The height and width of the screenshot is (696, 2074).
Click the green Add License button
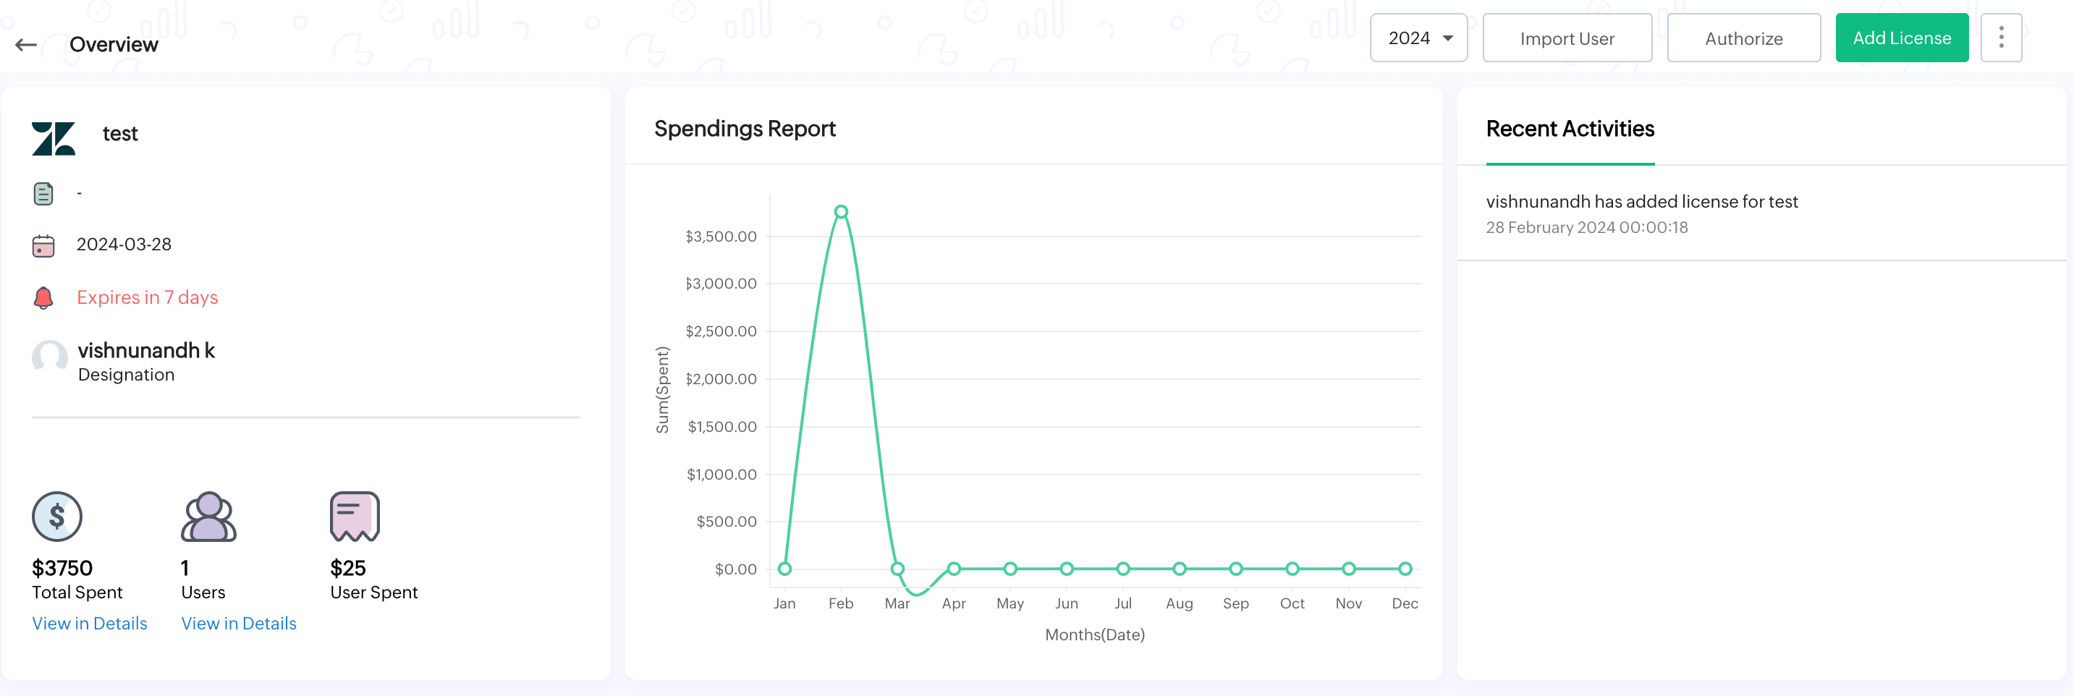click(1901, 38)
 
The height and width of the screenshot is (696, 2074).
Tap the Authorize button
click(1743, 38)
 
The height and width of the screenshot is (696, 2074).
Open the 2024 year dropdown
click(1418, 38)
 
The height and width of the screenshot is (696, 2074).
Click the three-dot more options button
click(2001, 38)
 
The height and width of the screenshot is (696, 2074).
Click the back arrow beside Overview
click(26, 45)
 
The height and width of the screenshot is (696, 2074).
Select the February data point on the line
click(841, 211)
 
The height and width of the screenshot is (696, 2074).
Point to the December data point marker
click(1405, 569)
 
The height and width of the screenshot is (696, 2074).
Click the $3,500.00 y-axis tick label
click(721, 237)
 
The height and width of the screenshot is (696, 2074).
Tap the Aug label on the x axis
click(1179, 603)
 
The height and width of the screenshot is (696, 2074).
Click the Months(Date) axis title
click(1094, 635)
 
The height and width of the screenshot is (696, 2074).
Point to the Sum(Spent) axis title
click(663, 390)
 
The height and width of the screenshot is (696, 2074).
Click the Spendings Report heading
click(745, 129)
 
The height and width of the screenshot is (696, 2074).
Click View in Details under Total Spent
click(89, 624)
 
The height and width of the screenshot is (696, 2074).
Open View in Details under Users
click(238, 624)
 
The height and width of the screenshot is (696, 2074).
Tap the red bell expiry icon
click(43, 297)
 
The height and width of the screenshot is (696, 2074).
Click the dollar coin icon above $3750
click(56, 517)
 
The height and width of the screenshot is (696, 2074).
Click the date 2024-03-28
click(124, 245)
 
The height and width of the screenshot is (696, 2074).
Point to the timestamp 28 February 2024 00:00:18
click(1586, 228)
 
